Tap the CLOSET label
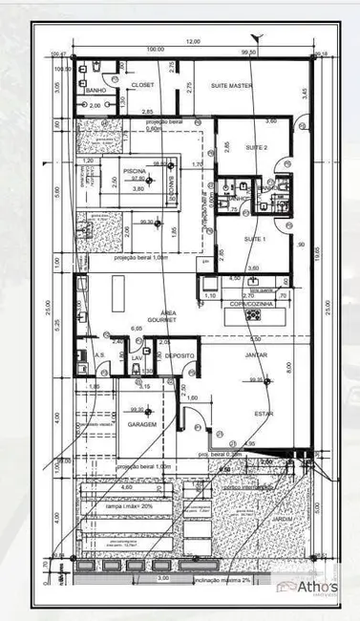point(141,84)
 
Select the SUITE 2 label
point(256,148)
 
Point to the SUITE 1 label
point(254,238)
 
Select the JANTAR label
point(256,354)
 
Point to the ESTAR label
point(263,414)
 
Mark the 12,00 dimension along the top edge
point(193,42)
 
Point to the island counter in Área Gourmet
point(119,289)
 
